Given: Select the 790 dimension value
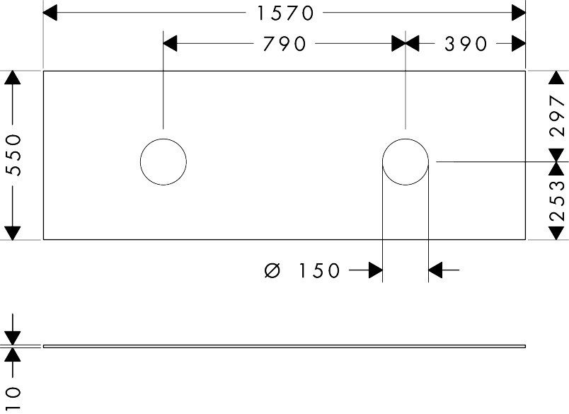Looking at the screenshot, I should coord(284,44).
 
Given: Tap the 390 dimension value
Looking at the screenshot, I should coord(466,44).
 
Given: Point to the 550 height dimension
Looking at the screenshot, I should coord(13,156).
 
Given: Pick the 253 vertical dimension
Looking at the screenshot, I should coord(558,200).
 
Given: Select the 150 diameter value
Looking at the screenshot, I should coord(319,270).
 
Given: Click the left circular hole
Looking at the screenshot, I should coord(163,161).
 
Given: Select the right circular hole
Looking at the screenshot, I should coord(406,161).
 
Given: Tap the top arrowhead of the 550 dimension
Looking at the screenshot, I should coord(13,77).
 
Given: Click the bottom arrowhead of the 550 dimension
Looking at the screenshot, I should coord(13,233).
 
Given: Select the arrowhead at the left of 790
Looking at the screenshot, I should coord(171,44).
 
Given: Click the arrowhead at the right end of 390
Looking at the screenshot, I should coord(519,44).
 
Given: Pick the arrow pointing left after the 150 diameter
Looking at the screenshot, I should coord(436,270).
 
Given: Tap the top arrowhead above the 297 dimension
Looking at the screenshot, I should coord(558,77).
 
